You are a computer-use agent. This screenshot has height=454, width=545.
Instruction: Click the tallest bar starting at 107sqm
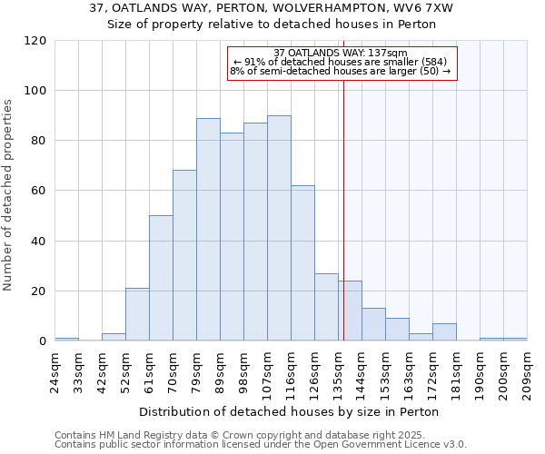coord(279,228)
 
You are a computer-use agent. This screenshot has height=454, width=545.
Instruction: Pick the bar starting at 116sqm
coord(302,263)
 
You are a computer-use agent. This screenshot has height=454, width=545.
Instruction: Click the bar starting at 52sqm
coord(137,314)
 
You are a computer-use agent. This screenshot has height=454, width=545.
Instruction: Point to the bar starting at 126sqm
coord(326,307)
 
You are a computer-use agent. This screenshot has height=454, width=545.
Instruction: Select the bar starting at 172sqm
coord(444,332)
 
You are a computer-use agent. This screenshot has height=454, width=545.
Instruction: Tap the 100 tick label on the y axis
coord(35,91)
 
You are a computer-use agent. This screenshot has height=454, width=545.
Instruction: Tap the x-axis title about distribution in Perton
coord(290,412)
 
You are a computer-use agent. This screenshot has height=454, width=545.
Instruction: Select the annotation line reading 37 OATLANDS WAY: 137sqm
coord(341,53)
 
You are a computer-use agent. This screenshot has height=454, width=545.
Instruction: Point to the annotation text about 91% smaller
coord(341,62)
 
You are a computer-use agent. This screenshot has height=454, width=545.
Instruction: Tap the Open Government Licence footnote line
coord(260,444)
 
